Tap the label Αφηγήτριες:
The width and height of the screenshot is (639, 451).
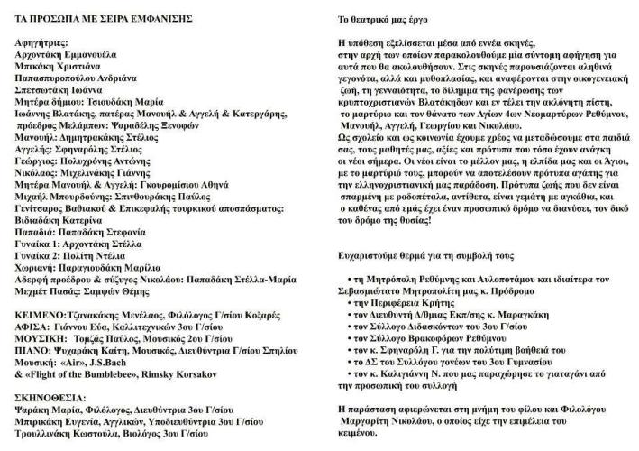tap(46, 42)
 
